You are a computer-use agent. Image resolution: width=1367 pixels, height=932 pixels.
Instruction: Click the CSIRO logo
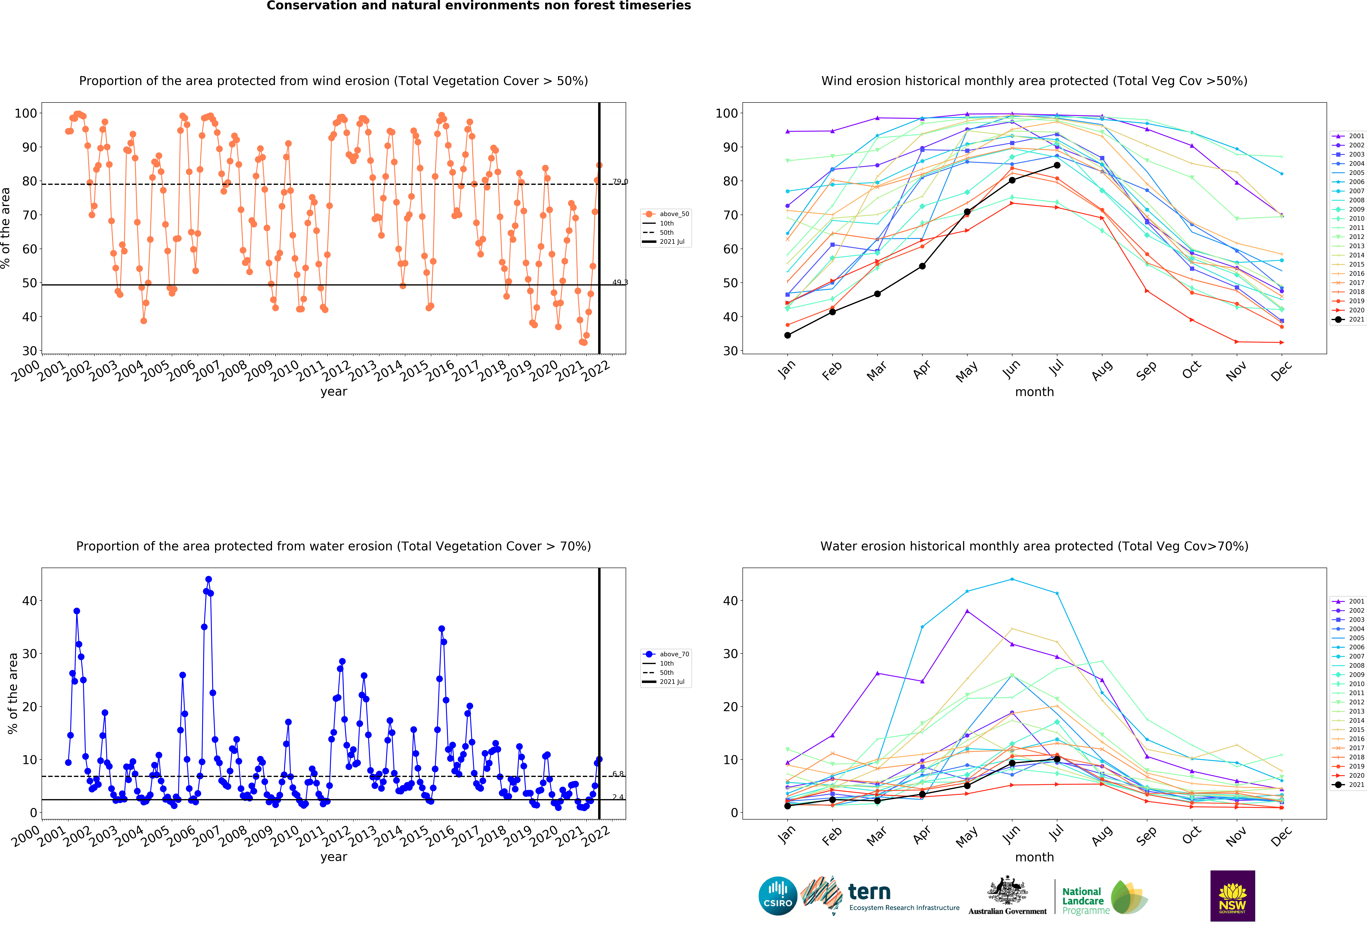tap(778, 896)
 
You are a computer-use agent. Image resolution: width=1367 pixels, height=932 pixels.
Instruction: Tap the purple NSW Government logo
tap(1232, 896)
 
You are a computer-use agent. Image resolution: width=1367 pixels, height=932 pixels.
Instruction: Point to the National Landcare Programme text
tap(1086, 901)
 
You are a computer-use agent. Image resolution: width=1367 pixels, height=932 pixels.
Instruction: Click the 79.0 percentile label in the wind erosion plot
tap(620, 182)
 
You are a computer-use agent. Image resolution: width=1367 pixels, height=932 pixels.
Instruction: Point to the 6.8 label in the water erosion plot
tap(618, 774)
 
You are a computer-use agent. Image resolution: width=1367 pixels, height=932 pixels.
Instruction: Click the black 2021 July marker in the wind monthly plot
tap(1057, 165)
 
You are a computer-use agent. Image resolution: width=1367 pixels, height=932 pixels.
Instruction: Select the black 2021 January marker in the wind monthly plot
tap(788, 335)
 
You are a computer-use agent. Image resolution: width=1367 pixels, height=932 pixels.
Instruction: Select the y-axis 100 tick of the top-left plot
tap(26, 113)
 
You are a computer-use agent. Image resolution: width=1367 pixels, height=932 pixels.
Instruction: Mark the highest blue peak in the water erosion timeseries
tap(208, 580)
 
